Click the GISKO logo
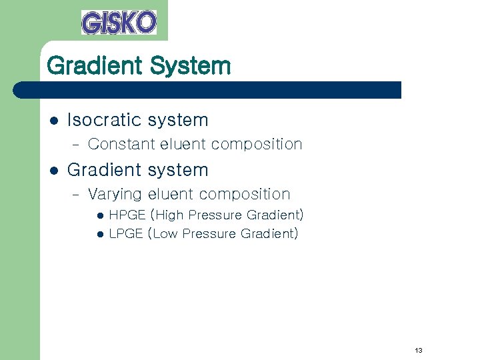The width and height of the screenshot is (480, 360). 119,22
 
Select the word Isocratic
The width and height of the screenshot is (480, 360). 105,120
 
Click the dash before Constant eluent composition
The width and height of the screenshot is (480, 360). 75,145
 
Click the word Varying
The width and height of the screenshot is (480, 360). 115,195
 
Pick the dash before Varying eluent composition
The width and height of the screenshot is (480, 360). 75,195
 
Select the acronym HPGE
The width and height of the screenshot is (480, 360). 127,215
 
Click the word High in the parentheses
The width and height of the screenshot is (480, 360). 169,215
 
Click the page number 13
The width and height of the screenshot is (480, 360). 419,350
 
